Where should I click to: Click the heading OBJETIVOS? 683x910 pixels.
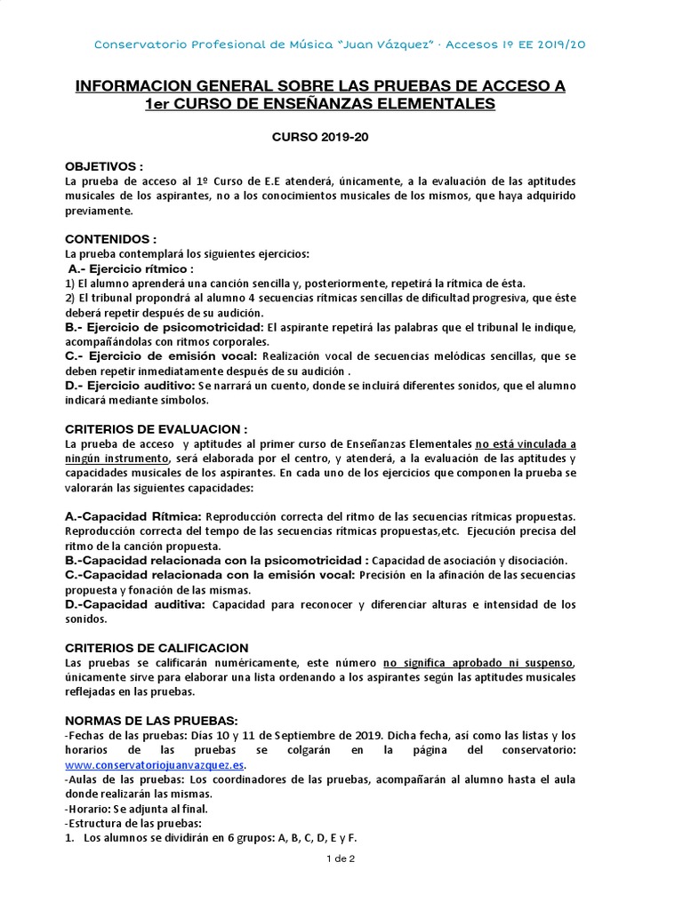click(103, 167)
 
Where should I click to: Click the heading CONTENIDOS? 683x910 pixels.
click(110, 240)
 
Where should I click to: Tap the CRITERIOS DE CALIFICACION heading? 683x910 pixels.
click(157, 648)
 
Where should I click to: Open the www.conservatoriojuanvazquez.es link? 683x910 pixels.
click(154, 765)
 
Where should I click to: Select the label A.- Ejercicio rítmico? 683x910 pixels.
click(130, 269)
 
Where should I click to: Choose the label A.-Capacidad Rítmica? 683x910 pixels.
click(134, 516)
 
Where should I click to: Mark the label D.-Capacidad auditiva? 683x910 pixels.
click(134, 604)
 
